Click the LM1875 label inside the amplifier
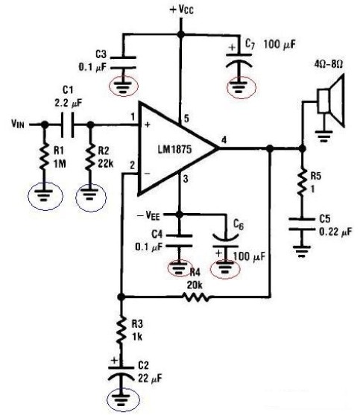point(174,150)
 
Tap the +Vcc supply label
point(182,10)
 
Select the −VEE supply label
point(148,216)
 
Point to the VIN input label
point(18,124)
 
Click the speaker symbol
point(331,101)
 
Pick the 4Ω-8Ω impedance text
point(328,64)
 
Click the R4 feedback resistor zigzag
point(196,297)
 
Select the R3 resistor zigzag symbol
point(121,331)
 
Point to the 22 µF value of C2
point(150,378)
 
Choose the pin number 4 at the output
point(224,140)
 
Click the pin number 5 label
point(186,118)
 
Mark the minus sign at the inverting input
point(148,174)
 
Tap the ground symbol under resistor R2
point(91,194)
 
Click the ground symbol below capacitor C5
point(302,251)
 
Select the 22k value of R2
point(106,164)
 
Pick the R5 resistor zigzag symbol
point(302,183)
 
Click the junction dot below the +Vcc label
point(181,34)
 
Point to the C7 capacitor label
point(250,44)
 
